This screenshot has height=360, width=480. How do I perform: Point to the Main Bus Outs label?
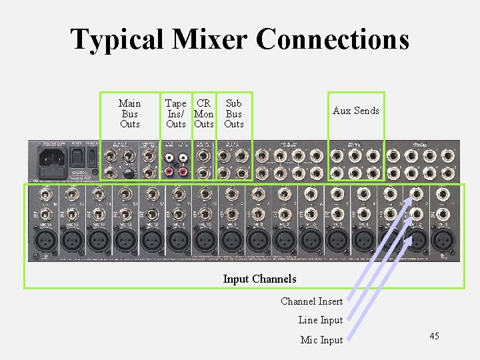[x=129, y=113]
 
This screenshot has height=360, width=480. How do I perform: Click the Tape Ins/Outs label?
[x=175, y=113]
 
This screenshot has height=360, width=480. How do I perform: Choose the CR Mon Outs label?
[x=204, y=113]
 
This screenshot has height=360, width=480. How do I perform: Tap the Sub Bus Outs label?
[x=233, y=113]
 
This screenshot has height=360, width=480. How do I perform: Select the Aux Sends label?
[x=355, y=111]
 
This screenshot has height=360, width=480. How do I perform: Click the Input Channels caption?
[x=259, y=279]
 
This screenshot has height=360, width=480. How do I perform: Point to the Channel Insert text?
[x=311, y=301]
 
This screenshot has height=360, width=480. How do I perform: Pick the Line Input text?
[x=320, y=321]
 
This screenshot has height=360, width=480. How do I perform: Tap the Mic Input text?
[x=321, y=340]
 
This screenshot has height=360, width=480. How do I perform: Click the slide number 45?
[x=434, y=336]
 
